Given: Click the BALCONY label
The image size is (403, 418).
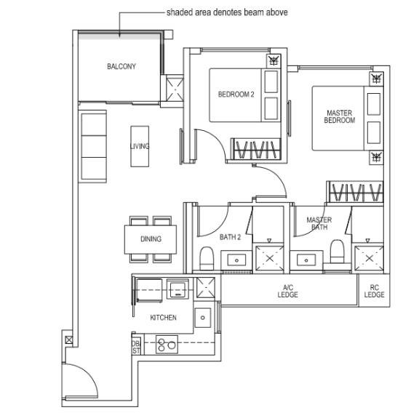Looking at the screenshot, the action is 121,66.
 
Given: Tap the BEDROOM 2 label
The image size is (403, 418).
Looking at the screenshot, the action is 236,94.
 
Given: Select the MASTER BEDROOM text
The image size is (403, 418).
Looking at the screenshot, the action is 340,116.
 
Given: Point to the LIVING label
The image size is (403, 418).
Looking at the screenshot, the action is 140,146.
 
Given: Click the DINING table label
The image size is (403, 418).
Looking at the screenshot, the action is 151,238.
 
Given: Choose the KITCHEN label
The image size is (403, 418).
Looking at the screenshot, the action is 163,318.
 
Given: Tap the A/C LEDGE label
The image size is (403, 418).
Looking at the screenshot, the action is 287,291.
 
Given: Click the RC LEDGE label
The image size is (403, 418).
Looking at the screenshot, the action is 374,291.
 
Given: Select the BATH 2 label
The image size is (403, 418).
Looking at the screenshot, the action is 230,237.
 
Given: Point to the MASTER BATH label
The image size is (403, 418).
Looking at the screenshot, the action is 319,223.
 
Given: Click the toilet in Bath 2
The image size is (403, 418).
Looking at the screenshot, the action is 207,258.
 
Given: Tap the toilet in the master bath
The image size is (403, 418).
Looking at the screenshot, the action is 337,252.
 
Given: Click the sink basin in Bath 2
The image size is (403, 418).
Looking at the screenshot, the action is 236,260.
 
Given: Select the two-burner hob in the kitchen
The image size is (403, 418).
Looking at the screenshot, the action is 167,345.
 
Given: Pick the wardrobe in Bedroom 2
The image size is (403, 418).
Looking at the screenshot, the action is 256,149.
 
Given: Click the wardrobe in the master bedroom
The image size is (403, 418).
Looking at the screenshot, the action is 355,192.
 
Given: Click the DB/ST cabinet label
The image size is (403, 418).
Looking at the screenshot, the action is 136,347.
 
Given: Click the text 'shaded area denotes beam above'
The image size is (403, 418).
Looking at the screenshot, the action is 227,12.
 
